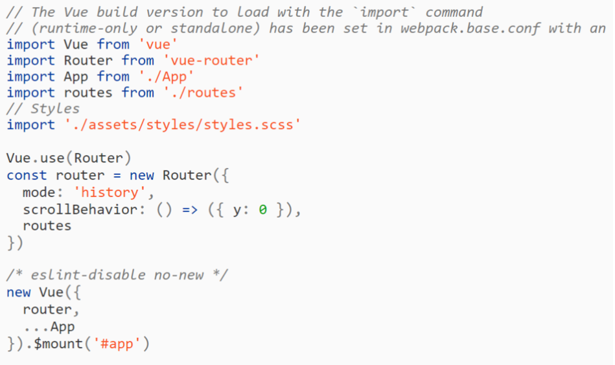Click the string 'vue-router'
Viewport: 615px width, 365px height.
click(x=211, y=60)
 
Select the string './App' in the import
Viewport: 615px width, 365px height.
click(x=162, y=77)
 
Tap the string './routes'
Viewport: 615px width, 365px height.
click(x=203, y=93)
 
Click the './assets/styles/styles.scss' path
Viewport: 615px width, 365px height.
click(x=183, y=124)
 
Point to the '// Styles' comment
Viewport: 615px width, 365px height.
click(x=43, y=108)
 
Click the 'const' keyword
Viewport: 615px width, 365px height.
click(x=27, y=175)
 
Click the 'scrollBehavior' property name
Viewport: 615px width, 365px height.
click(x=79, y=209)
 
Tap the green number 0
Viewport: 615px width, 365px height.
click(x=262, y=209)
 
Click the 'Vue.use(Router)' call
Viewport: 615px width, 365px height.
click(x=69, y=158)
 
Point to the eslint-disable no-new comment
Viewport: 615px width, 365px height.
click(x=117, y=274)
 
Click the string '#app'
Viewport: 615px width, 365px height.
click(x=117, y=344)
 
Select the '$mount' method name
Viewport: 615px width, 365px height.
click(x=58, y=344)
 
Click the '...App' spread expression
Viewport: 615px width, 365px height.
click(x=49, y=327)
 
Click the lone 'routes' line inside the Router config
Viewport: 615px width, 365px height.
click(x=47, y=226)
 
